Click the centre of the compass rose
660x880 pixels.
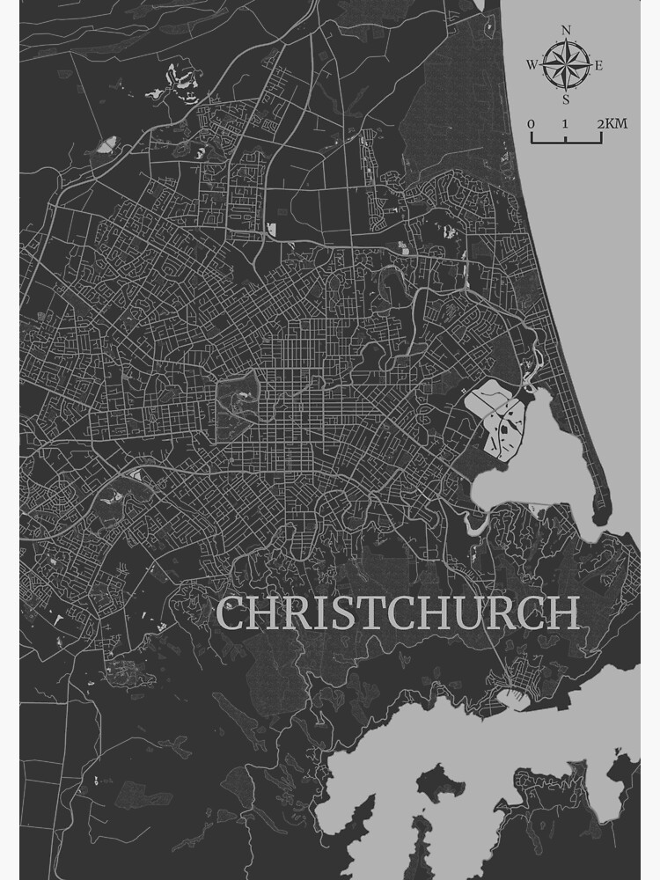click(x=565, y=64)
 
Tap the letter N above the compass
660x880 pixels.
click(x=565, y=30)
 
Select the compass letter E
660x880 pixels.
click(x=599, y=65)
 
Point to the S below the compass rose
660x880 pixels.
click(x=565, y=99)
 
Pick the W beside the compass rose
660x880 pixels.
click(x=532, y=65)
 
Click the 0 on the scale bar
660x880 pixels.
click(x=531, y=124)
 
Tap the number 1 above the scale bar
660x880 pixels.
click(x=565, y=124)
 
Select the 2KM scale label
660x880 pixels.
click(x=612, y=124)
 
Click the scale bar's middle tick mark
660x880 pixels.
click(x=566, y=138)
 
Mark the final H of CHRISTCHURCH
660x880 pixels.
click(x=562, y=613)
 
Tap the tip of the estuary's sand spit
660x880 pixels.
click(x=604, y=519)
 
